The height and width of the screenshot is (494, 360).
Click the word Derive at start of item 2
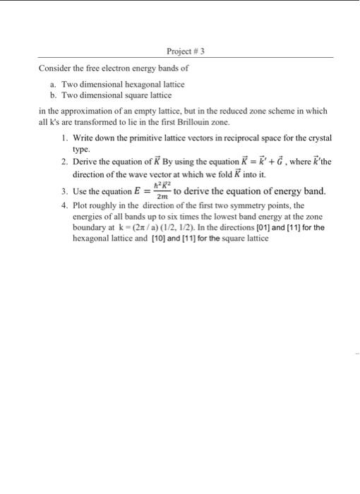pos(87,162)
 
